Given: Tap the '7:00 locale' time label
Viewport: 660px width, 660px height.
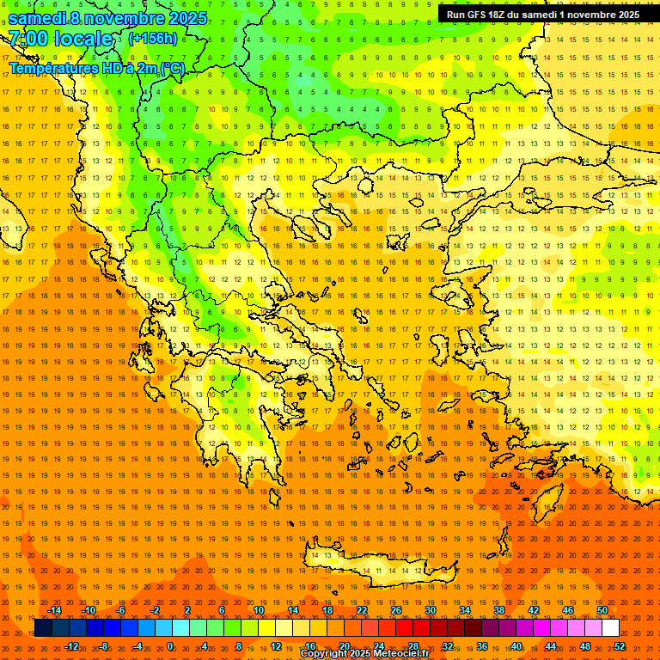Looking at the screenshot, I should [60, 39].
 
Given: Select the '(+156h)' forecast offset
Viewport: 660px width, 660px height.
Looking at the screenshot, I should [152, 39].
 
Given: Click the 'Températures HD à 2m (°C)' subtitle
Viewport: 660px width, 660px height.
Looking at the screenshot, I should [96, 69].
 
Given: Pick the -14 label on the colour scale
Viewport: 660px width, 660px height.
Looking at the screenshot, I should [55, 610].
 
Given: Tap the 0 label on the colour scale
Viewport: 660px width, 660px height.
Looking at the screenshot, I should [170, 646].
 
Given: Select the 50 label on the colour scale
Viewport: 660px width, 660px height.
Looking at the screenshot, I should [602, 610].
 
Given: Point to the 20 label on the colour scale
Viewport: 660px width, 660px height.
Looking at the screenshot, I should [344, 646].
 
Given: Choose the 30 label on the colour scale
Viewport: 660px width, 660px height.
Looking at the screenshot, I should [431, 610].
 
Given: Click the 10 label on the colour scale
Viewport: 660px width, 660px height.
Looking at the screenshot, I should [258, 610].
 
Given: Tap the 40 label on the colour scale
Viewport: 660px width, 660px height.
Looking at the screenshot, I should [516, 646].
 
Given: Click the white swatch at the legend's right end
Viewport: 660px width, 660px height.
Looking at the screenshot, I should [610, 628].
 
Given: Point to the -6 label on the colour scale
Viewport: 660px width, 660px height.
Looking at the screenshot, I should [121, 610].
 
